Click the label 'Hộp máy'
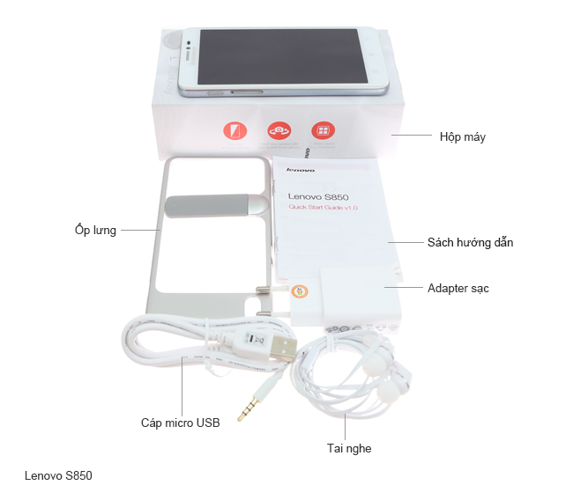click(x=462, y=136)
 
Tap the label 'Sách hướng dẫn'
click(x=470, y=242)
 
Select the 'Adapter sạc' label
click(x=458, y=288)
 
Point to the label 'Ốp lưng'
click(x=96, y=231)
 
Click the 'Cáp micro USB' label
click(x=180, y=422)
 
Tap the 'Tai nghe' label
click(x=349, y=448)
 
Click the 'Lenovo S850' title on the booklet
click(x=319, y=195)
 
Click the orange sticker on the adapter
click(x=301, y=293)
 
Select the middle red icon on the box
click(x=279, y=130)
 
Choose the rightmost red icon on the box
click(x=323, y=130)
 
